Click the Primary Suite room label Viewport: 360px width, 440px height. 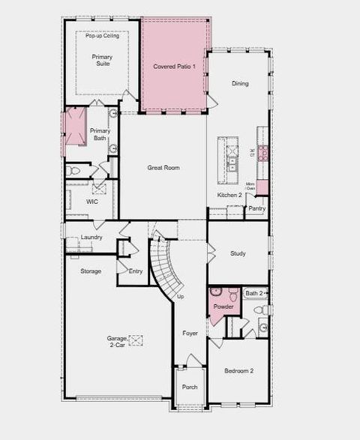click(101, 61)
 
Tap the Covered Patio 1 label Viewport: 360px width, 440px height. click(175, 67)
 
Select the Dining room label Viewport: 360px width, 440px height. click(240, 83)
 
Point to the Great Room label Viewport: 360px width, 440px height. click(163, 168)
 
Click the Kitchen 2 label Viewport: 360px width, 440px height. click(229, 195)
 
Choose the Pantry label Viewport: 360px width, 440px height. click(257, 208)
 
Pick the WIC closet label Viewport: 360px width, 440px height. click(92, 202)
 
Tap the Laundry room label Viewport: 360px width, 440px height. click(91, 238)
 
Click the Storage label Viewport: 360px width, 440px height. click(91, 271)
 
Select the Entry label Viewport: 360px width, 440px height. click(136, 271)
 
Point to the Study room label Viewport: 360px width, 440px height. click(238, 253)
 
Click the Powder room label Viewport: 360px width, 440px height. click(223, 307)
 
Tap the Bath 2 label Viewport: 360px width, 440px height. click(254, 293)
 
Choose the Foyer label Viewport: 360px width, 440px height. click(190, 333)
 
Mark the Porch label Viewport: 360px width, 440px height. click(190, 387)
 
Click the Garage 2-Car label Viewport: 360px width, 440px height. click(115, 342)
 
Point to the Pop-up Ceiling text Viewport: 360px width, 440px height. click(102, 36)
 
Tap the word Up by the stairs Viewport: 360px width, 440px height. click(181, 297)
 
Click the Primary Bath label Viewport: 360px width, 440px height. click(100, 134)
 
